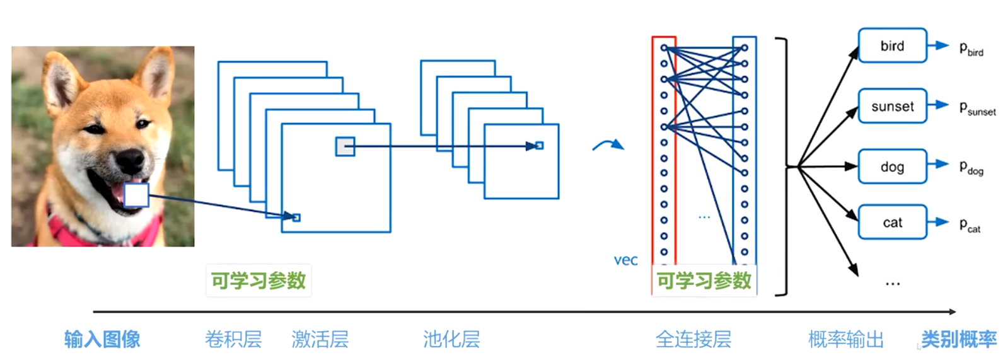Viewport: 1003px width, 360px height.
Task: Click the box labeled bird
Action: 893,45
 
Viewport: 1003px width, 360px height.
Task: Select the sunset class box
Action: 893,106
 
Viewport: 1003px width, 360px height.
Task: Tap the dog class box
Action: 893,166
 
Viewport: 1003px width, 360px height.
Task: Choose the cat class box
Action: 893,222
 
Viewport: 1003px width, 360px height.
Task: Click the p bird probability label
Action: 971,49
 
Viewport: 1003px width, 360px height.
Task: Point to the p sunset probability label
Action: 978,108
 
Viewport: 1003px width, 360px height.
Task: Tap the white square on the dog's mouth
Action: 136,195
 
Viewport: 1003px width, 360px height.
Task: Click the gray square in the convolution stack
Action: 345,146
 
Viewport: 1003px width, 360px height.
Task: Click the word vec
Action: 625,260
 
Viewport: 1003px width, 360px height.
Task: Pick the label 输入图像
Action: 102,339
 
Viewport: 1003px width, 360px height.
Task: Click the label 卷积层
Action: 233,339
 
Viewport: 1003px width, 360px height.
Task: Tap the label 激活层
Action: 320,339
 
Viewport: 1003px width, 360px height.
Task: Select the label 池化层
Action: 451,339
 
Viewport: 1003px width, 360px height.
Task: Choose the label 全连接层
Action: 693,339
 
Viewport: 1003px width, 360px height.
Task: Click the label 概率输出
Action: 846,339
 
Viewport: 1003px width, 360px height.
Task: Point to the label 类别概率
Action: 959,339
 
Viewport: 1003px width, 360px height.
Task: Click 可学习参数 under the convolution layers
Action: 258,281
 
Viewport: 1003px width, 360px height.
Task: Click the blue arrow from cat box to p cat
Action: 938,222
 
